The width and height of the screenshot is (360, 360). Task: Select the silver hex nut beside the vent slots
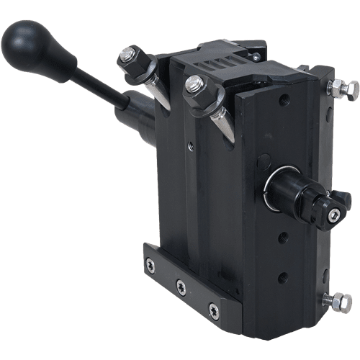pos(194,86)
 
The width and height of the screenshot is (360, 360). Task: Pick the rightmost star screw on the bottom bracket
pos(213,310)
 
